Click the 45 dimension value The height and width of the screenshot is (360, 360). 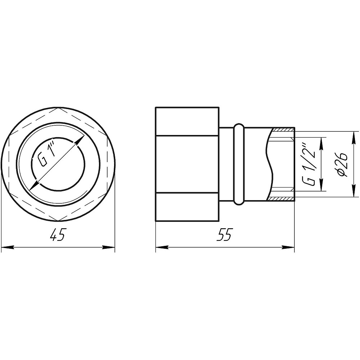57,234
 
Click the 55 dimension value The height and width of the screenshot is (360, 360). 224,234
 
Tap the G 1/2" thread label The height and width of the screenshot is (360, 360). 309,164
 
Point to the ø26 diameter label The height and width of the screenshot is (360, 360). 342,164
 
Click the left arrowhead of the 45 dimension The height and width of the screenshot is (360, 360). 7,247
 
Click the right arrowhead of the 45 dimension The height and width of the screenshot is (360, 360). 109,247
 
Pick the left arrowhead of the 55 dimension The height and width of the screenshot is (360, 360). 162,247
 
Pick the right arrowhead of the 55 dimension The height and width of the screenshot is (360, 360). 288,247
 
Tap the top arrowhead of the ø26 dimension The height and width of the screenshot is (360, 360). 352,137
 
